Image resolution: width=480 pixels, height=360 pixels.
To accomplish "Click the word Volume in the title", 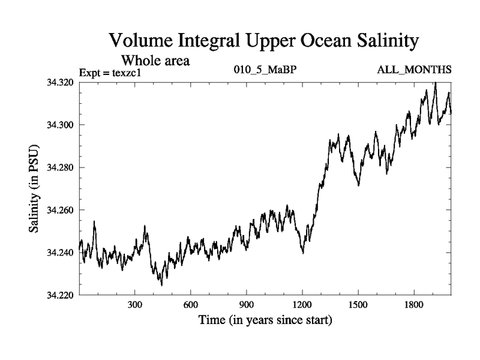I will [x=142, y=41].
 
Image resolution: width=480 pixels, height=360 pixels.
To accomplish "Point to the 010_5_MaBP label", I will [x=265, y=70].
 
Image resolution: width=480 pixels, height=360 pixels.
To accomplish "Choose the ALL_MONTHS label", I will [x=414, y=70].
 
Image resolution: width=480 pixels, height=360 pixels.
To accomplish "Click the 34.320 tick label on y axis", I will [x=59, y=82].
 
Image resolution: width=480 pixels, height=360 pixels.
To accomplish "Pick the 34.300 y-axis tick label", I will [x=59, y=125].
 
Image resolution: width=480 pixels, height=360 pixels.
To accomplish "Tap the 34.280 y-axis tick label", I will [x=59, y=167].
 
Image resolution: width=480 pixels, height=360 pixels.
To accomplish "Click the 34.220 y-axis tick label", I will [x=59, y=295].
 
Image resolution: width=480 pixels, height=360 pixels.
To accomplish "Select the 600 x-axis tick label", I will [x=191, y=305].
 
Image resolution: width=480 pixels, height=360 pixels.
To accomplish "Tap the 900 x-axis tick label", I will [x=247, y=305].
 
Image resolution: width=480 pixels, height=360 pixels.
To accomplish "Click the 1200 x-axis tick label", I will [x=302, y=305].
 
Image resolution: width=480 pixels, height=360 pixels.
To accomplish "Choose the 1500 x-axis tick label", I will [x=358, y=305].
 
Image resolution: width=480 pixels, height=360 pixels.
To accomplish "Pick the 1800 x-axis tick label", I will [x=414, y=305].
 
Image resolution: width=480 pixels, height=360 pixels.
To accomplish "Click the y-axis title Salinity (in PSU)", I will [x=34, y=188].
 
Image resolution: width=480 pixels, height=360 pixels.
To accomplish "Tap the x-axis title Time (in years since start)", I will [x=265, y=320].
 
